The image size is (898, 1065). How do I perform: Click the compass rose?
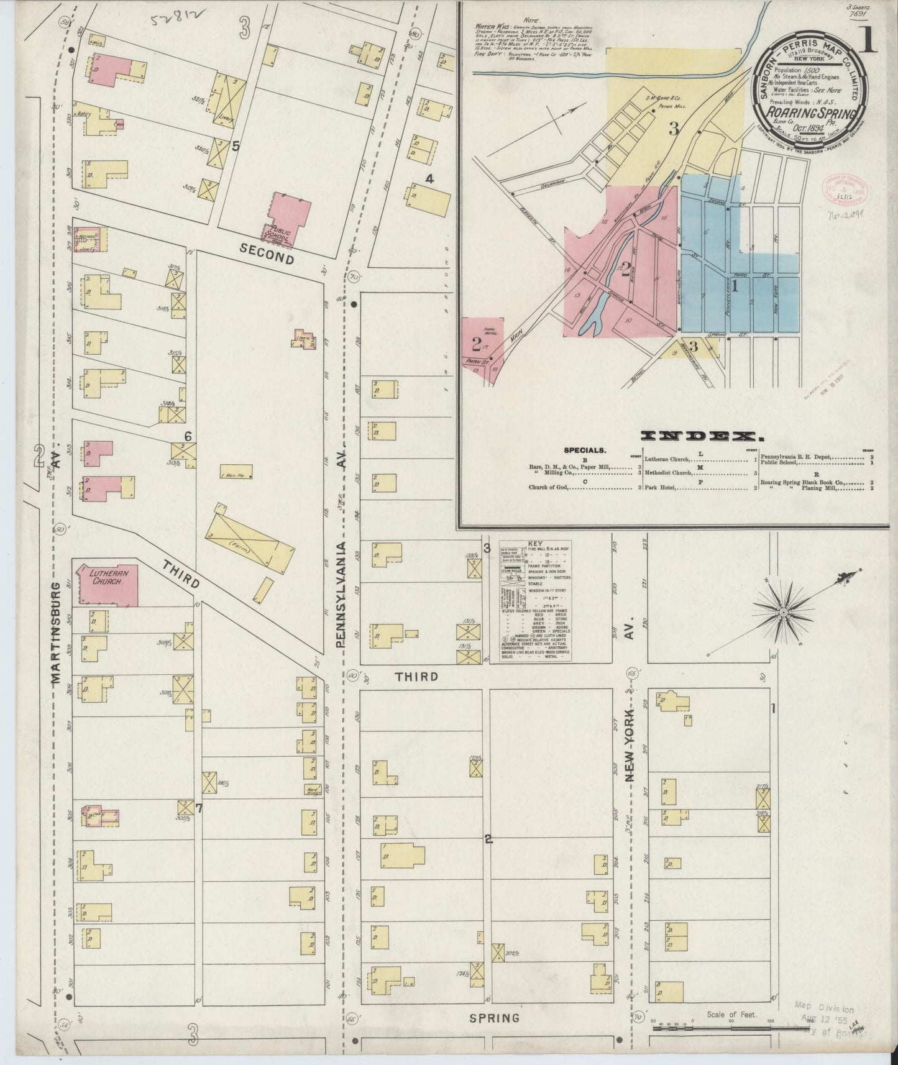click(x=784, y=612)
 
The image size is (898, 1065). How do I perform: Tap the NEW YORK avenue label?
click(x=631, y=745)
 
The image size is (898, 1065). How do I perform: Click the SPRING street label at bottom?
click(x=494, y=1018)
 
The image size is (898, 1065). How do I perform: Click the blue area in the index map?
click(x=715, y=273)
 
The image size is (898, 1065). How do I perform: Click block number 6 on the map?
click(x=187, y=436)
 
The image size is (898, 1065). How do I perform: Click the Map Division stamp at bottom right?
click(x=824, y=1010)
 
